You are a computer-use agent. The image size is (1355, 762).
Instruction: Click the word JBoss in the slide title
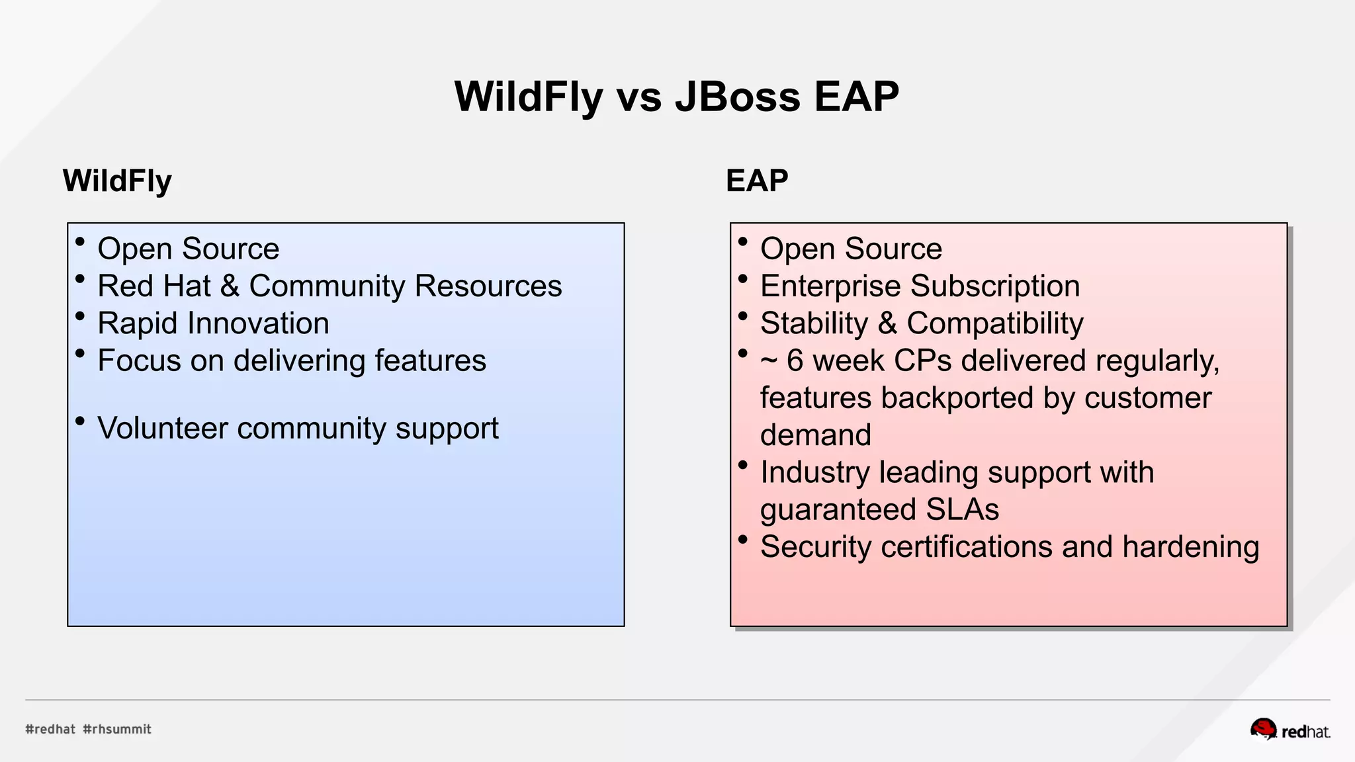point(737,97)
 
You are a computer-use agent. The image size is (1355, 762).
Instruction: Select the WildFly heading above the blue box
point(117,181)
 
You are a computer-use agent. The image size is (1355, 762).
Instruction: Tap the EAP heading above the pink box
point(757,181)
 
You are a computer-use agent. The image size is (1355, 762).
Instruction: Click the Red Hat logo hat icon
point(1263,729)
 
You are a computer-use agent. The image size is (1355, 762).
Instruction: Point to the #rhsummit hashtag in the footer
point(117,729)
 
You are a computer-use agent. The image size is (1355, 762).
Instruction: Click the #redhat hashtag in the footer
point(50,729)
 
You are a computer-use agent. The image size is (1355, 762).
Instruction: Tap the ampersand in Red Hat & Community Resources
point(230,286)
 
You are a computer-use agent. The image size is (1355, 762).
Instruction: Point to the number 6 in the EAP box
point(795,361)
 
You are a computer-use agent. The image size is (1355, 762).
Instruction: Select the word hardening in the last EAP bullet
point(1190,547)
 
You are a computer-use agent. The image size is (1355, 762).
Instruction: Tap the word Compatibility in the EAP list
point(995,323)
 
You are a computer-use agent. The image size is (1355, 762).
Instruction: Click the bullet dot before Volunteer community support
point(80,421)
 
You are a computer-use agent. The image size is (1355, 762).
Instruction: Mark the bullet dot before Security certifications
point(743,540)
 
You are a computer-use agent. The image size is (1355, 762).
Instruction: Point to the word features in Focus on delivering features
point(430,361)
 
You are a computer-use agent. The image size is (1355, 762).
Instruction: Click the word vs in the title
point(639,97)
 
